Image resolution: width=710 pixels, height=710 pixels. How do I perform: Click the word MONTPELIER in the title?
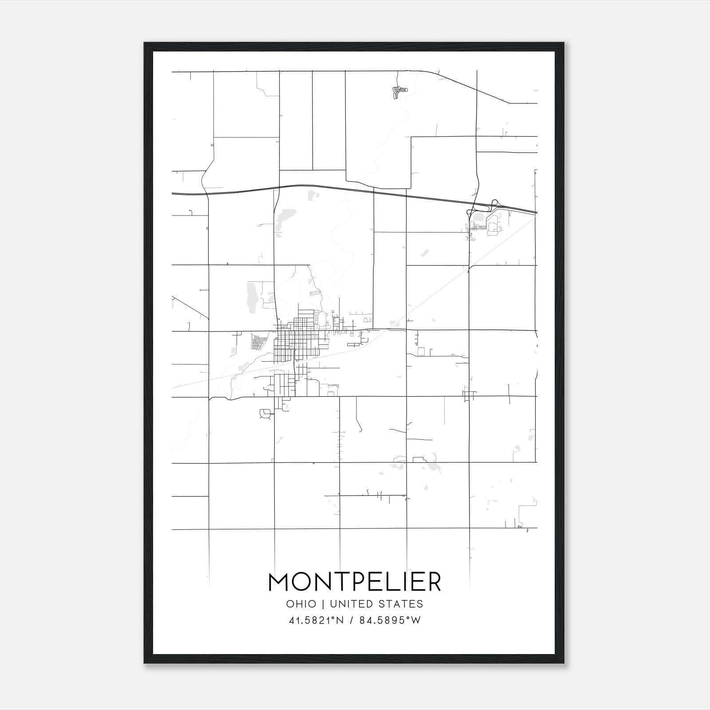(355, 582)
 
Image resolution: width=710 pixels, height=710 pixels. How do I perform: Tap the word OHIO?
(301, 604)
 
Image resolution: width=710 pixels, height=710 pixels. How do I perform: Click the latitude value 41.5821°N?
(316, 620)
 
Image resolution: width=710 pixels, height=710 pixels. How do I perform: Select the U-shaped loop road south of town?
(266, 414)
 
